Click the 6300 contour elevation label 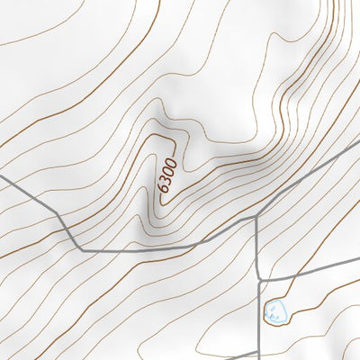tap(168, 175)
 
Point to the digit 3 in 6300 tap(166, 179)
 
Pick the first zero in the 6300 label tap(169, 171)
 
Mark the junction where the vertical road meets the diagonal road tap(258, 216)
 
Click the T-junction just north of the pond tap(259, 281)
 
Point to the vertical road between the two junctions tap(258, 247)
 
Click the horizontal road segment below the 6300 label tap(135, 248)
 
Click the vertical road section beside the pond tap(260, 310)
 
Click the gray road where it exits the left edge tap(3, 177)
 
